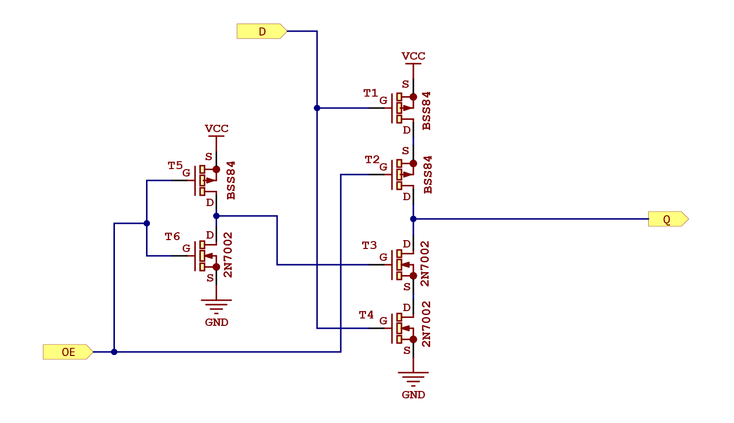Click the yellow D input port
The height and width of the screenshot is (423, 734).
pos(261,32)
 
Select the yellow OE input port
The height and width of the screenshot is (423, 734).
pos(68,352)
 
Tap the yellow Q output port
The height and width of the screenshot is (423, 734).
pos(667,219)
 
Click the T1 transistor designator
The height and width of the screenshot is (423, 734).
pos(370,93)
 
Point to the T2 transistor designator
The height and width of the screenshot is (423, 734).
pos(372,160)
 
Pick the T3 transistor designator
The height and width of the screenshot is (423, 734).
pos(369,246)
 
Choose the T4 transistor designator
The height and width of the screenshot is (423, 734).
pos(366,315)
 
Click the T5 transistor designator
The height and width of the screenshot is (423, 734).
pos(175,166)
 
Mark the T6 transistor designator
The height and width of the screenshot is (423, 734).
pos(172,237)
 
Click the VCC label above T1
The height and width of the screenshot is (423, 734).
pos(413,56)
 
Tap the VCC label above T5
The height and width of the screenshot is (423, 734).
pos(217,129)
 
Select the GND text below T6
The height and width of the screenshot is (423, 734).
pos(217,322)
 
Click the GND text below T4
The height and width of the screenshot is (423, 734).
pos(413,395)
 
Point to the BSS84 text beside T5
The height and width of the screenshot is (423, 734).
pos(231,180)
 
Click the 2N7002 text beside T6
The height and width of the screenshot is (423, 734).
pos(228,255)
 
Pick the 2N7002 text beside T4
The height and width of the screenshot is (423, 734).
pos(426,324)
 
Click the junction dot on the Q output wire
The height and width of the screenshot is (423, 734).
pos(413,219)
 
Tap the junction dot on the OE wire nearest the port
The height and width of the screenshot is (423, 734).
pos(114,352)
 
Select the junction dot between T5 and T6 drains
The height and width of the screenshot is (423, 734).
pos(216,216)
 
